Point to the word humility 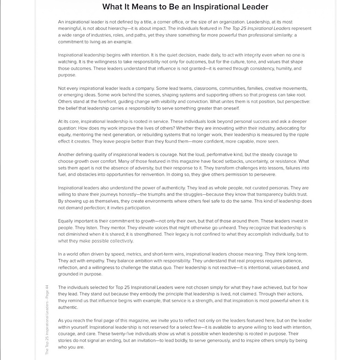(x=277, y=69)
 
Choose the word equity (x=64, y=135)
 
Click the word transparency (x=271, y=194)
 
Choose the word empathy (x=94, y=261)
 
